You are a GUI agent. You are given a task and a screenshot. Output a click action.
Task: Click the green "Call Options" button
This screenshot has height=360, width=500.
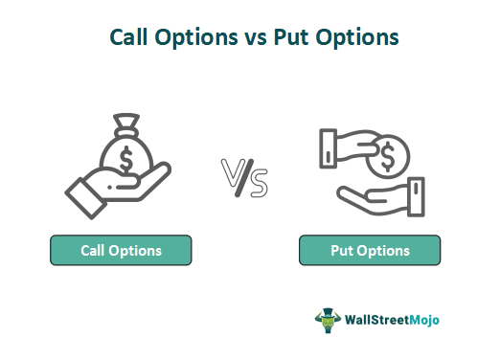pos(121,251)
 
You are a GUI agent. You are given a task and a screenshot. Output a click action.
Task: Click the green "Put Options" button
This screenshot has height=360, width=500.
pos(370,251)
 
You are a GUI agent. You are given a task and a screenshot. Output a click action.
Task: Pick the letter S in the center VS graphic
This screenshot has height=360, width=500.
pos(258,182)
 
